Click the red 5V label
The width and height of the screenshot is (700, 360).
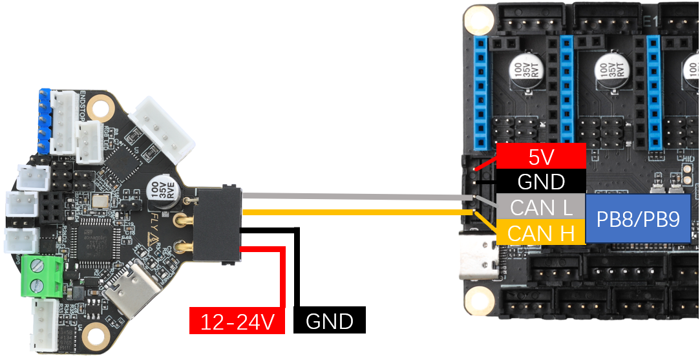540,156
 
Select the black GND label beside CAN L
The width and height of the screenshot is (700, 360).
540,182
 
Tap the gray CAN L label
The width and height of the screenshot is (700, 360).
540,207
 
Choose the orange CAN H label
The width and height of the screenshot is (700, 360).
540,233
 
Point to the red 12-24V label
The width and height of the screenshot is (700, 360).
237,321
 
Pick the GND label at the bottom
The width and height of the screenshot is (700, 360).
329,321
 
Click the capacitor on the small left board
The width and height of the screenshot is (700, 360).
161,192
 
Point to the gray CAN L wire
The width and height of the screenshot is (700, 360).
355,196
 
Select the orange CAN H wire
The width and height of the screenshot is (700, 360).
355,211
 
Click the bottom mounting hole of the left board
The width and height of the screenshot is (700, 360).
96,335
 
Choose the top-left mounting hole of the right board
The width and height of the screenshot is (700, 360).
478,20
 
